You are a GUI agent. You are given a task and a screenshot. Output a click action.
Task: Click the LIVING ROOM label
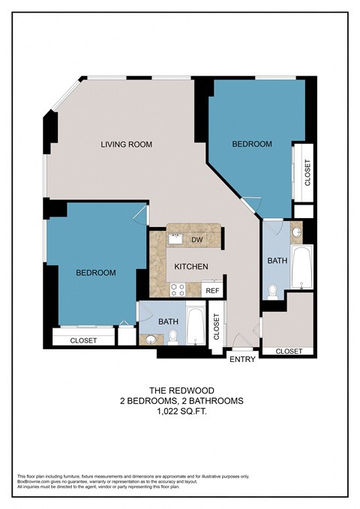point(127,145)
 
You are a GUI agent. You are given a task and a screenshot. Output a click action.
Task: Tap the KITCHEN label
point(191,266)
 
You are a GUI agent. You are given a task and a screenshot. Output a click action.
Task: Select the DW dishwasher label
point(197,240)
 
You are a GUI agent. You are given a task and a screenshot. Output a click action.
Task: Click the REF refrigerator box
point(212,290)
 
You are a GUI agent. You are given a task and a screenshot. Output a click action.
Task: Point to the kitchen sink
point(175,240)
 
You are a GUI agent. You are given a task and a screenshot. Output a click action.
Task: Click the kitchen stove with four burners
point(178,289)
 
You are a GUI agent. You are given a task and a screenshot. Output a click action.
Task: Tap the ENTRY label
point(243,359)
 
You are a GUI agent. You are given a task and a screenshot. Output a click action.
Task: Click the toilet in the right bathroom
point(273,292)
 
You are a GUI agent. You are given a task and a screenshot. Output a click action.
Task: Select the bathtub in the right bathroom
point(302,268)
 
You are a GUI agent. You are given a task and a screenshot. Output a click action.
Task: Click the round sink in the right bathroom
point(296,232)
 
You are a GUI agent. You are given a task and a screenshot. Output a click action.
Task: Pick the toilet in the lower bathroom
point(172,337)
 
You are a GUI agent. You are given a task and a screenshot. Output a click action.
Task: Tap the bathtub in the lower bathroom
point(195,326)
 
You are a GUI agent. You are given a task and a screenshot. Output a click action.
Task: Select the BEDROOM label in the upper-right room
point(251,144)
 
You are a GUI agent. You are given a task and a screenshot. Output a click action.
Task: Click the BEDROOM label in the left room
point(96,273)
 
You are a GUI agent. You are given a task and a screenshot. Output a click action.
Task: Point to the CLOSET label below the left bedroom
point(83,340)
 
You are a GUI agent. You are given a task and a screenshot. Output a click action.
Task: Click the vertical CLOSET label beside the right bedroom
point(307,172)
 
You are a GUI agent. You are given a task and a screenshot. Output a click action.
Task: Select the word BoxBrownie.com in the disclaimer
point(31,481)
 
